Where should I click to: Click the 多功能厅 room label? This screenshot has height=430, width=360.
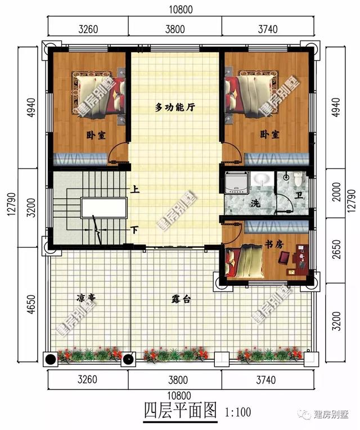175,107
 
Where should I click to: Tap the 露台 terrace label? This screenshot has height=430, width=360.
181,299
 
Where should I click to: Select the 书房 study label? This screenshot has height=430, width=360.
274,244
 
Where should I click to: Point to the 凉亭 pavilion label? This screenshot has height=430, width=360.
85,298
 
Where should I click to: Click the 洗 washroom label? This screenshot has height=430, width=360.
255,203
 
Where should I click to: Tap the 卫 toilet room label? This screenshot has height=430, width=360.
299,195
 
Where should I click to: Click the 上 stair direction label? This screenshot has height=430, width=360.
135,189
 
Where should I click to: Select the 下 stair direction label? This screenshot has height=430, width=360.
134,230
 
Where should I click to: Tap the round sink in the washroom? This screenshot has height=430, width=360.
262,179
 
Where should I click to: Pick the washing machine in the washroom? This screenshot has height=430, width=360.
236,182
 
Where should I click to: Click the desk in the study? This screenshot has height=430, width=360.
301,257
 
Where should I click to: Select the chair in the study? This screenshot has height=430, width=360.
285,258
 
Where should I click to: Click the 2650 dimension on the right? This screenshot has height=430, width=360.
337,249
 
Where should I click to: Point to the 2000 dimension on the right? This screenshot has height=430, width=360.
337,192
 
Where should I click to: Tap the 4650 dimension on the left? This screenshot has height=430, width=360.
31,304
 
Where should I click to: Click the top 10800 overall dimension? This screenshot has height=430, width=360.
181,10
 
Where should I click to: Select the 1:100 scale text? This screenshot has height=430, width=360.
238,412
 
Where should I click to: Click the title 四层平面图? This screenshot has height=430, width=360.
181,410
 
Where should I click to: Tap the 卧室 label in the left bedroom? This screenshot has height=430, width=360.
96,135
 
